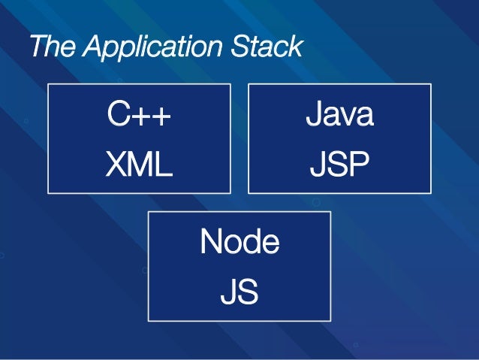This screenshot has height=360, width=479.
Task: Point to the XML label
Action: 138,165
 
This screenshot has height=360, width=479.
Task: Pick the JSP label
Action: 339,165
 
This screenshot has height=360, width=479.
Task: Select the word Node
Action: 239,243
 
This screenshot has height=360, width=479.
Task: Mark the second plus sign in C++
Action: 161,117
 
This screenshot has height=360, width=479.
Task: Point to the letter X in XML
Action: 115,165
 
